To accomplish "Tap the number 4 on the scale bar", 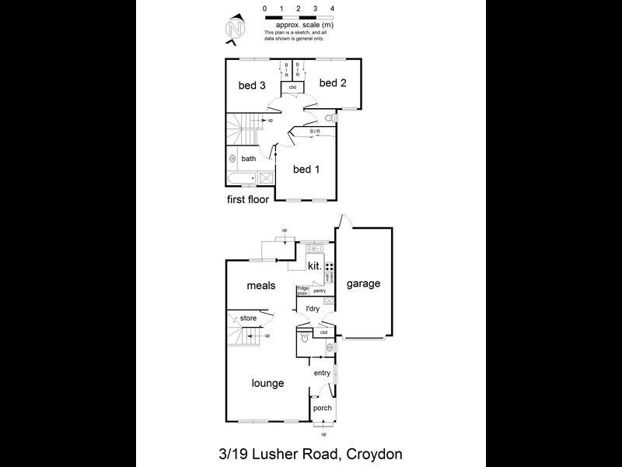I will pyautogui.click(x=333, y=8).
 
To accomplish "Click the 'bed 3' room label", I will pyautogui.click(x=253, y=85).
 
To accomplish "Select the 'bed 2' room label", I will pyautogui.click(x=333, y=83).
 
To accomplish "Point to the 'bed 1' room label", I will pyautogui.click(x=306, y=169).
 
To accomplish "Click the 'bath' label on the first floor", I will pyautogui.click(x=249, y=159).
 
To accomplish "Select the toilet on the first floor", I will pyautogui.click(x=330, y=118).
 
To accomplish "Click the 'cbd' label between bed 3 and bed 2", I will pyautogui.click(x=292, y=87).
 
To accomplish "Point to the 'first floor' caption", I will pyautogui.click(x=247, y=200).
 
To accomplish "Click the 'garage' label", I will pyautogui.click(x=363, y=284).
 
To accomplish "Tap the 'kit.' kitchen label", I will pyautogui.click(x=315, y=266).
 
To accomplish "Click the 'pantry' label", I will pyautogui.click(x=319, y=290).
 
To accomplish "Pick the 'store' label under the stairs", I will pyautogui.click(x=248, y=318).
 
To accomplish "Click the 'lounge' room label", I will pyautogui.click(x=267, y=383).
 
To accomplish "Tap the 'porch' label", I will pyautogui.click(x=322, y=408).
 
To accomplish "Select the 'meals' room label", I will pyautogui.click(x=261, y=286).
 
